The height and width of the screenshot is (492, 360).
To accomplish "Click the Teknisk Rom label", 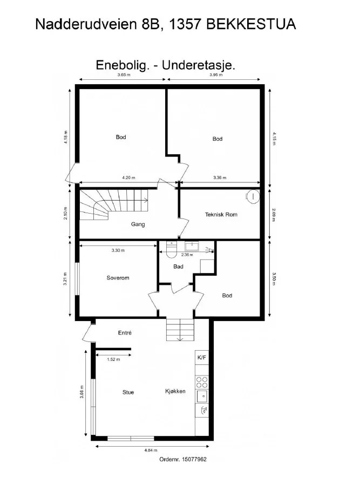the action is [x=221, y=215].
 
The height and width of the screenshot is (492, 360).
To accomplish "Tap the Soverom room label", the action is [x=118, y=278].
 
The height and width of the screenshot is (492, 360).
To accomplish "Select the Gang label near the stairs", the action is [x=138, y=224].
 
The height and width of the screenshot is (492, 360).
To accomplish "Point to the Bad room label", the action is [x=178, y=266].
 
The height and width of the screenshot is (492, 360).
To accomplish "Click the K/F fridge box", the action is [x=202, y=357].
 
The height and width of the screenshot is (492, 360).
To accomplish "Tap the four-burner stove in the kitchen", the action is [x=202, y=382].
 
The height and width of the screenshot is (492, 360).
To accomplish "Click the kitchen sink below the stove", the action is [x=202, y=397].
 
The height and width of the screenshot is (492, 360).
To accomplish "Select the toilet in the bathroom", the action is [x=172, y=250].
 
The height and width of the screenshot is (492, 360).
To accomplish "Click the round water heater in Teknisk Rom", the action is [x=253, y=196].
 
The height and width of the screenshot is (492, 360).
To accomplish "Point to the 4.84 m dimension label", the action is [x=151, y=450].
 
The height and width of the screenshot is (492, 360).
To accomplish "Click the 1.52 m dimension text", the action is [x=113, y=360].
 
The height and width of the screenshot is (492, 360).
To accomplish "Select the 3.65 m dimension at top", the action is [x=124, y=74].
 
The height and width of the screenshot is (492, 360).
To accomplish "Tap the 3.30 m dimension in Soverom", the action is [x=118, y=250].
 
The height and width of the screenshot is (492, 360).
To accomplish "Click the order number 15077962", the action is [x=194, y=460].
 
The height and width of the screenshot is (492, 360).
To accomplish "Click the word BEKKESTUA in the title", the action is [x=251, y=24].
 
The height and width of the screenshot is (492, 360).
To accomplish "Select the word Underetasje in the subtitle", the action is [x=199, y=65].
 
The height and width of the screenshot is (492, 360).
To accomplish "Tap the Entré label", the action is [x=125, y=333].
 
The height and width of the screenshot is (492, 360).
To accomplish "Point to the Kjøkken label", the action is [x=175, y=391].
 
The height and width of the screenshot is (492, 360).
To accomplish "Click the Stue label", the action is [x=128, y=392].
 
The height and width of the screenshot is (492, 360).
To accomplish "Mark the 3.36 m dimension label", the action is [x=220, y=177].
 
